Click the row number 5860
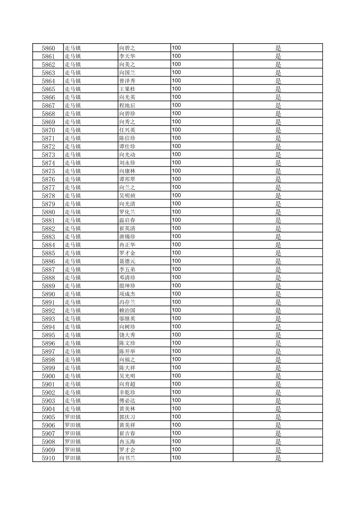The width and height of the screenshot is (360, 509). pos(48,48)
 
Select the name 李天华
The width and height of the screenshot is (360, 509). pos(127,56)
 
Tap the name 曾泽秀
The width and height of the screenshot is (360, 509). pos(127,81)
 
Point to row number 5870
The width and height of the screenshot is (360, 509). pos(48,130)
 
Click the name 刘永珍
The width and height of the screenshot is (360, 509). pos(127,163)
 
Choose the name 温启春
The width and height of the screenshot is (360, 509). pos(127,220)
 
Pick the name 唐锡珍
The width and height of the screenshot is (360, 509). pos(127,237)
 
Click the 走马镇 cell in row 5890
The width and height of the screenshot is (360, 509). pos(73,294)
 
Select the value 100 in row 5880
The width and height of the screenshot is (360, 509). pos(176,212)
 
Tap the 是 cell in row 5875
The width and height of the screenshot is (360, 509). pos(278,171)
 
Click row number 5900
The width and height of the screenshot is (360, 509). pos(48,376)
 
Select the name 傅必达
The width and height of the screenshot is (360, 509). pos(127,401)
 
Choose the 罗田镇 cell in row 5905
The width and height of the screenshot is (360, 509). pos(73,417)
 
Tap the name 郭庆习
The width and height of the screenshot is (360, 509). pos(127,417)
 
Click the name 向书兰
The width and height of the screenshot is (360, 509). pos(127,458)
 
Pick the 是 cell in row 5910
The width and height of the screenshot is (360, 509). pos(278,458)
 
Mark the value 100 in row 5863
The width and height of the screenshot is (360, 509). pos(176,72)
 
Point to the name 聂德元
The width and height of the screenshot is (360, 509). pos(127,261)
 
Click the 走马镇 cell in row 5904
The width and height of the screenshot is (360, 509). pos(73,409)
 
